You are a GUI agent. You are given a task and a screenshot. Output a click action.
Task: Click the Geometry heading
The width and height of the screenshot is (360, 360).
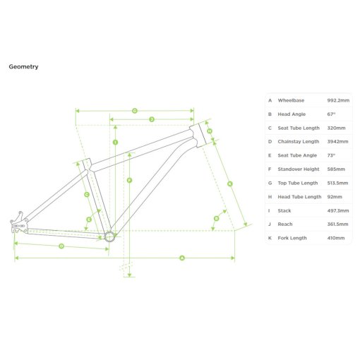tap(23, 67)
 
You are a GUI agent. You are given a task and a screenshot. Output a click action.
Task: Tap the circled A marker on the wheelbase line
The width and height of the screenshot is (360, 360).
tap(182, 258)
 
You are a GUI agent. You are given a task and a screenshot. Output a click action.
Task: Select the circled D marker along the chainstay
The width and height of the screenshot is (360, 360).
tap(61, 246)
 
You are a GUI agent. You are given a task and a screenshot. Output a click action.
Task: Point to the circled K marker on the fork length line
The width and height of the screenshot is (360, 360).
tap(230, 184)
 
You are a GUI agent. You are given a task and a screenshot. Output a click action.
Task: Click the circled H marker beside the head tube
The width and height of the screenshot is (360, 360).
tap(210, 131)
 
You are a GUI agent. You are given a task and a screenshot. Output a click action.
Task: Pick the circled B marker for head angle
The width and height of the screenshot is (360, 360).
tap(216, 219)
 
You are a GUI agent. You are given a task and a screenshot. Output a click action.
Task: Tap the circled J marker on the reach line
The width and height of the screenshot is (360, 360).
tap(152, 119)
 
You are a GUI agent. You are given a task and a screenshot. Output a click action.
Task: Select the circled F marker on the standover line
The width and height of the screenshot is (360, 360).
tap(129, 181)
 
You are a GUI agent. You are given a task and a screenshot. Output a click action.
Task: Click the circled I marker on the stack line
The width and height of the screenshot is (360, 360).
tap(115, 143)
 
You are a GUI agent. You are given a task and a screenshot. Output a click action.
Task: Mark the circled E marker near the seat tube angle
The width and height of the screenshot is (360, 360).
tap(89, 220)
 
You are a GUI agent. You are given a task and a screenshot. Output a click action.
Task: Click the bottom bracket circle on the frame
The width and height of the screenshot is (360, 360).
tap(109, 236)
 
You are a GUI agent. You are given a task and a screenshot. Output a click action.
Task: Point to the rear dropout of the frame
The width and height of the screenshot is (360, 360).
tap(19, 222)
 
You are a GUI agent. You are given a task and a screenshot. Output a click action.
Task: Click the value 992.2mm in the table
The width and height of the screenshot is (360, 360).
tap(338, 100)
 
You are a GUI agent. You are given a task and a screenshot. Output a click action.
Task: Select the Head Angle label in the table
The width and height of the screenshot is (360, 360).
tap(292, 114)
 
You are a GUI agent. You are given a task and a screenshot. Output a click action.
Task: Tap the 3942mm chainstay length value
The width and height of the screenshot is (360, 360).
tap(337, 142)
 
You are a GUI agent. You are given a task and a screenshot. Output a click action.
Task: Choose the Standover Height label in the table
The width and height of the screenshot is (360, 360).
tap(299, 169)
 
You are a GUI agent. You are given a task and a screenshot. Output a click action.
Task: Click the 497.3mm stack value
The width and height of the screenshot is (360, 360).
tap(338, 211)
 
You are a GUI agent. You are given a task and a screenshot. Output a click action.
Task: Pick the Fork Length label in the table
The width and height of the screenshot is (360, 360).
tap(292, 238)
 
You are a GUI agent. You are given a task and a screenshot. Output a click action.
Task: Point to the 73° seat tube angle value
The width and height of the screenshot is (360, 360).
tap(331, 155)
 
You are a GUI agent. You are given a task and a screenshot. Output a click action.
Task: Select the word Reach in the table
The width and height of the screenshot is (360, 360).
tap(285, 224)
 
